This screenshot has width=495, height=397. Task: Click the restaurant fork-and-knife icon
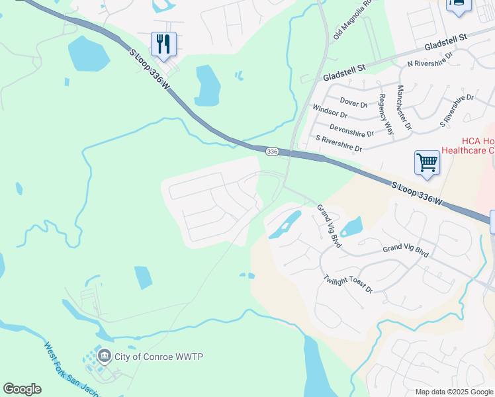163,44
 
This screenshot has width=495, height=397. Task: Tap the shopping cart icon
427,162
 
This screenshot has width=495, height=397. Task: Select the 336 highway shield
272,152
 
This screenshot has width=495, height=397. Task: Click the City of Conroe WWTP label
159,357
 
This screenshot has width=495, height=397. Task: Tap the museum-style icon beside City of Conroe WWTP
104,357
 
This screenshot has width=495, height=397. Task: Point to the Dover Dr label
353,103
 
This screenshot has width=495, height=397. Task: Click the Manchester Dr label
403,107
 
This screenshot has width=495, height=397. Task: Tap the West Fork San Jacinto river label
69,369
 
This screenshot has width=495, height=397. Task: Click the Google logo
22,389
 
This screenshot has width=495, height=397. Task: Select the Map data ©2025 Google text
454,392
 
